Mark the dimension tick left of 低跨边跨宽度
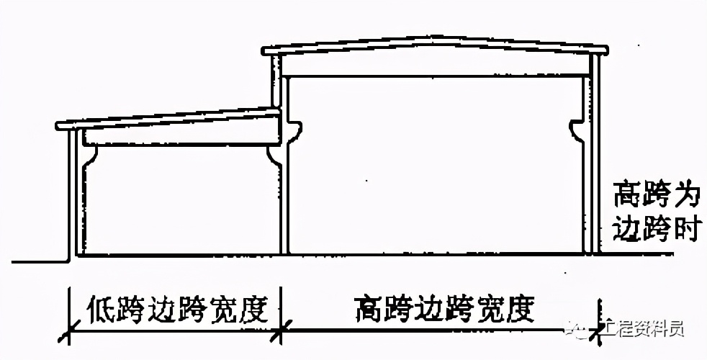click(x=68, y=333)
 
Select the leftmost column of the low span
click(x=72, y=194)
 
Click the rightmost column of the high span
click(x=594, y=158)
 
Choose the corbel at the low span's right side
click(x=272, y=153)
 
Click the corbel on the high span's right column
click(x=577, y=130)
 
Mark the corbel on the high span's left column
click(x=294, y=130)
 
